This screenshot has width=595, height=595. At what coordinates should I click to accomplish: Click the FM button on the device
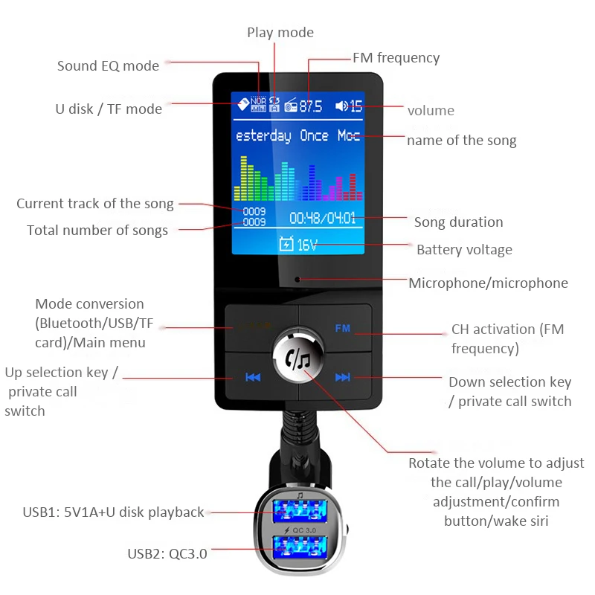(343, 328)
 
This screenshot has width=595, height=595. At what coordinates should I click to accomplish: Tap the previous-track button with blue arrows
(253, 377)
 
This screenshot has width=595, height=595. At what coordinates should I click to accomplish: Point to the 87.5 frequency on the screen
(311, 106)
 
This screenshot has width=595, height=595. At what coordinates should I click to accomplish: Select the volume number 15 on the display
(356, 106)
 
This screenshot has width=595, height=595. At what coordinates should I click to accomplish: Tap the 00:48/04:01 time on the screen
(322, 219)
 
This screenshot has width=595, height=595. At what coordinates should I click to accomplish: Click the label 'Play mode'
(280, 33)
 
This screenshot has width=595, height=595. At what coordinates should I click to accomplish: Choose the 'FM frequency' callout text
(396, 58)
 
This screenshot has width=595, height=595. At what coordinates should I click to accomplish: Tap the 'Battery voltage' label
(464, 250)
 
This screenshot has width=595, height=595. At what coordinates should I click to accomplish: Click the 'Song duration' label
(458, 222)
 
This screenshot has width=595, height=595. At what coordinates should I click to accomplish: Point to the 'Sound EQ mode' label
(108, 66)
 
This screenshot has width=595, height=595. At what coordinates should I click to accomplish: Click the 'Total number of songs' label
(97, 231)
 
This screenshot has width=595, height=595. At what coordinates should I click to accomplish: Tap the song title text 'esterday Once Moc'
(297, 136)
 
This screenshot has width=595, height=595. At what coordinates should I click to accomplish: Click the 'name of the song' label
(461, 141)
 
